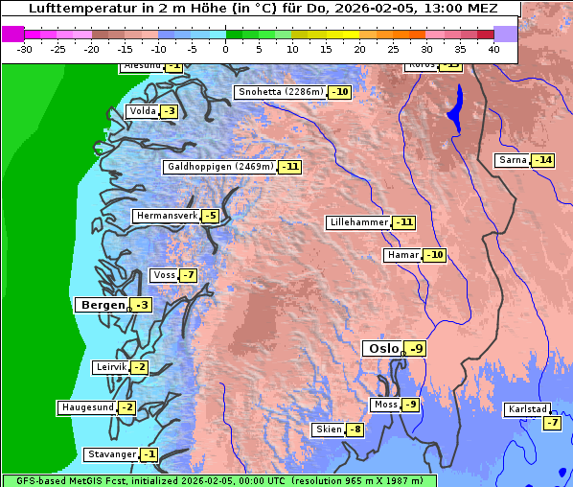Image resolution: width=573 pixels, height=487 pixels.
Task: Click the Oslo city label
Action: tap(382, 349)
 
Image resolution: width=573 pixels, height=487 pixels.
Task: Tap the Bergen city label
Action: tap(101, 305)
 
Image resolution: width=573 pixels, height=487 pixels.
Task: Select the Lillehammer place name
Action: tap(359, 222)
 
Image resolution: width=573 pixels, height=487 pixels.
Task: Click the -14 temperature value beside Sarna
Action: tap(543, 160)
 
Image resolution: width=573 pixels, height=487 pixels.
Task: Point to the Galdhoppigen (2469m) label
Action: tap(219, 167)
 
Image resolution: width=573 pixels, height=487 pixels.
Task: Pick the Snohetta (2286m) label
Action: tap(280, 92)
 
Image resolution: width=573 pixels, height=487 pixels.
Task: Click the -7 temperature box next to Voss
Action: tap(188, 276)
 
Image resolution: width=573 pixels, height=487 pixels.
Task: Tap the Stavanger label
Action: tap(109, 454)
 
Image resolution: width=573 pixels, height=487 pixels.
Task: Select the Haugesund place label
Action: tap(87, 407)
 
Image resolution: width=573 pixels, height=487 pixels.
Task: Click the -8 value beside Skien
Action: tap(355, 429)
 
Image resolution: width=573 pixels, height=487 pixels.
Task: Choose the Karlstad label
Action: tap(526, 410)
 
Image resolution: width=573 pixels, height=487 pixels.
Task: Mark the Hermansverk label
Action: tap(165, 216)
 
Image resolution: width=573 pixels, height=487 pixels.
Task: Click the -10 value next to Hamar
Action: tap(436, 255)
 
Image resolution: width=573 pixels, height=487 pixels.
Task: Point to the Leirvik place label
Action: tap(110, 367)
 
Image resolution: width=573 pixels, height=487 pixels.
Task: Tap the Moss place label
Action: tap(385, 405)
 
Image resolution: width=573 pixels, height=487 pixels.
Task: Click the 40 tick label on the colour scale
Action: tap(493, 49)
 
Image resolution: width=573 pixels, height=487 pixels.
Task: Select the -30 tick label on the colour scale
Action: tap(25, 49)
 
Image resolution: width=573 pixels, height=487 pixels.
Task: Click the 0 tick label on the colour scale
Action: tap(226, 49)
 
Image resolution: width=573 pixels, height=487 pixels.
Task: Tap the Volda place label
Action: tap(142, 111)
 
